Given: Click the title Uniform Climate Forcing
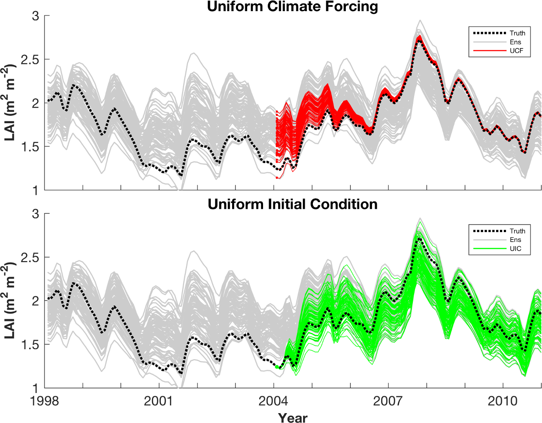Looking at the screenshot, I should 292,6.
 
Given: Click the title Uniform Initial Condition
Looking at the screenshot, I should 292,204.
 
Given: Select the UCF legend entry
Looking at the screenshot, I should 516,51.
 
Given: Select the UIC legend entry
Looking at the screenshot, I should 515,249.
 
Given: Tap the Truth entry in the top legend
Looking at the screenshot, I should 517,33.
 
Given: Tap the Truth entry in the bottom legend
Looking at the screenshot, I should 517,231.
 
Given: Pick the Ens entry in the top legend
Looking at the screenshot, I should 515,42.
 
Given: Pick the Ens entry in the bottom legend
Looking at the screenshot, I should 515,240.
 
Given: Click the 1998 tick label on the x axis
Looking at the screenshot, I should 45,401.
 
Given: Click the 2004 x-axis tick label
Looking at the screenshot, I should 274,401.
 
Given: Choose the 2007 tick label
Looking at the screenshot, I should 388,401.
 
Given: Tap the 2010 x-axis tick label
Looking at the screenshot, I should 503,401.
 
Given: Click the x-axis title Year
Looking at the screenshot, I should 292,417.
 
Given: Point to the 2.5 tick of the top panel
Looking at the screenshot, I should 30,60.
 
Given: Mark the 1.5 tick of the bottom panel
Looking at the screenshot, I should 30,344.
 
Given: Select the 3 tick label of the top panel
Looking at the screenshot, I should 36,16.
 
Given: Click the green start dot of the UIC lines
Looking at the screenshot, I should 277,367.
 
